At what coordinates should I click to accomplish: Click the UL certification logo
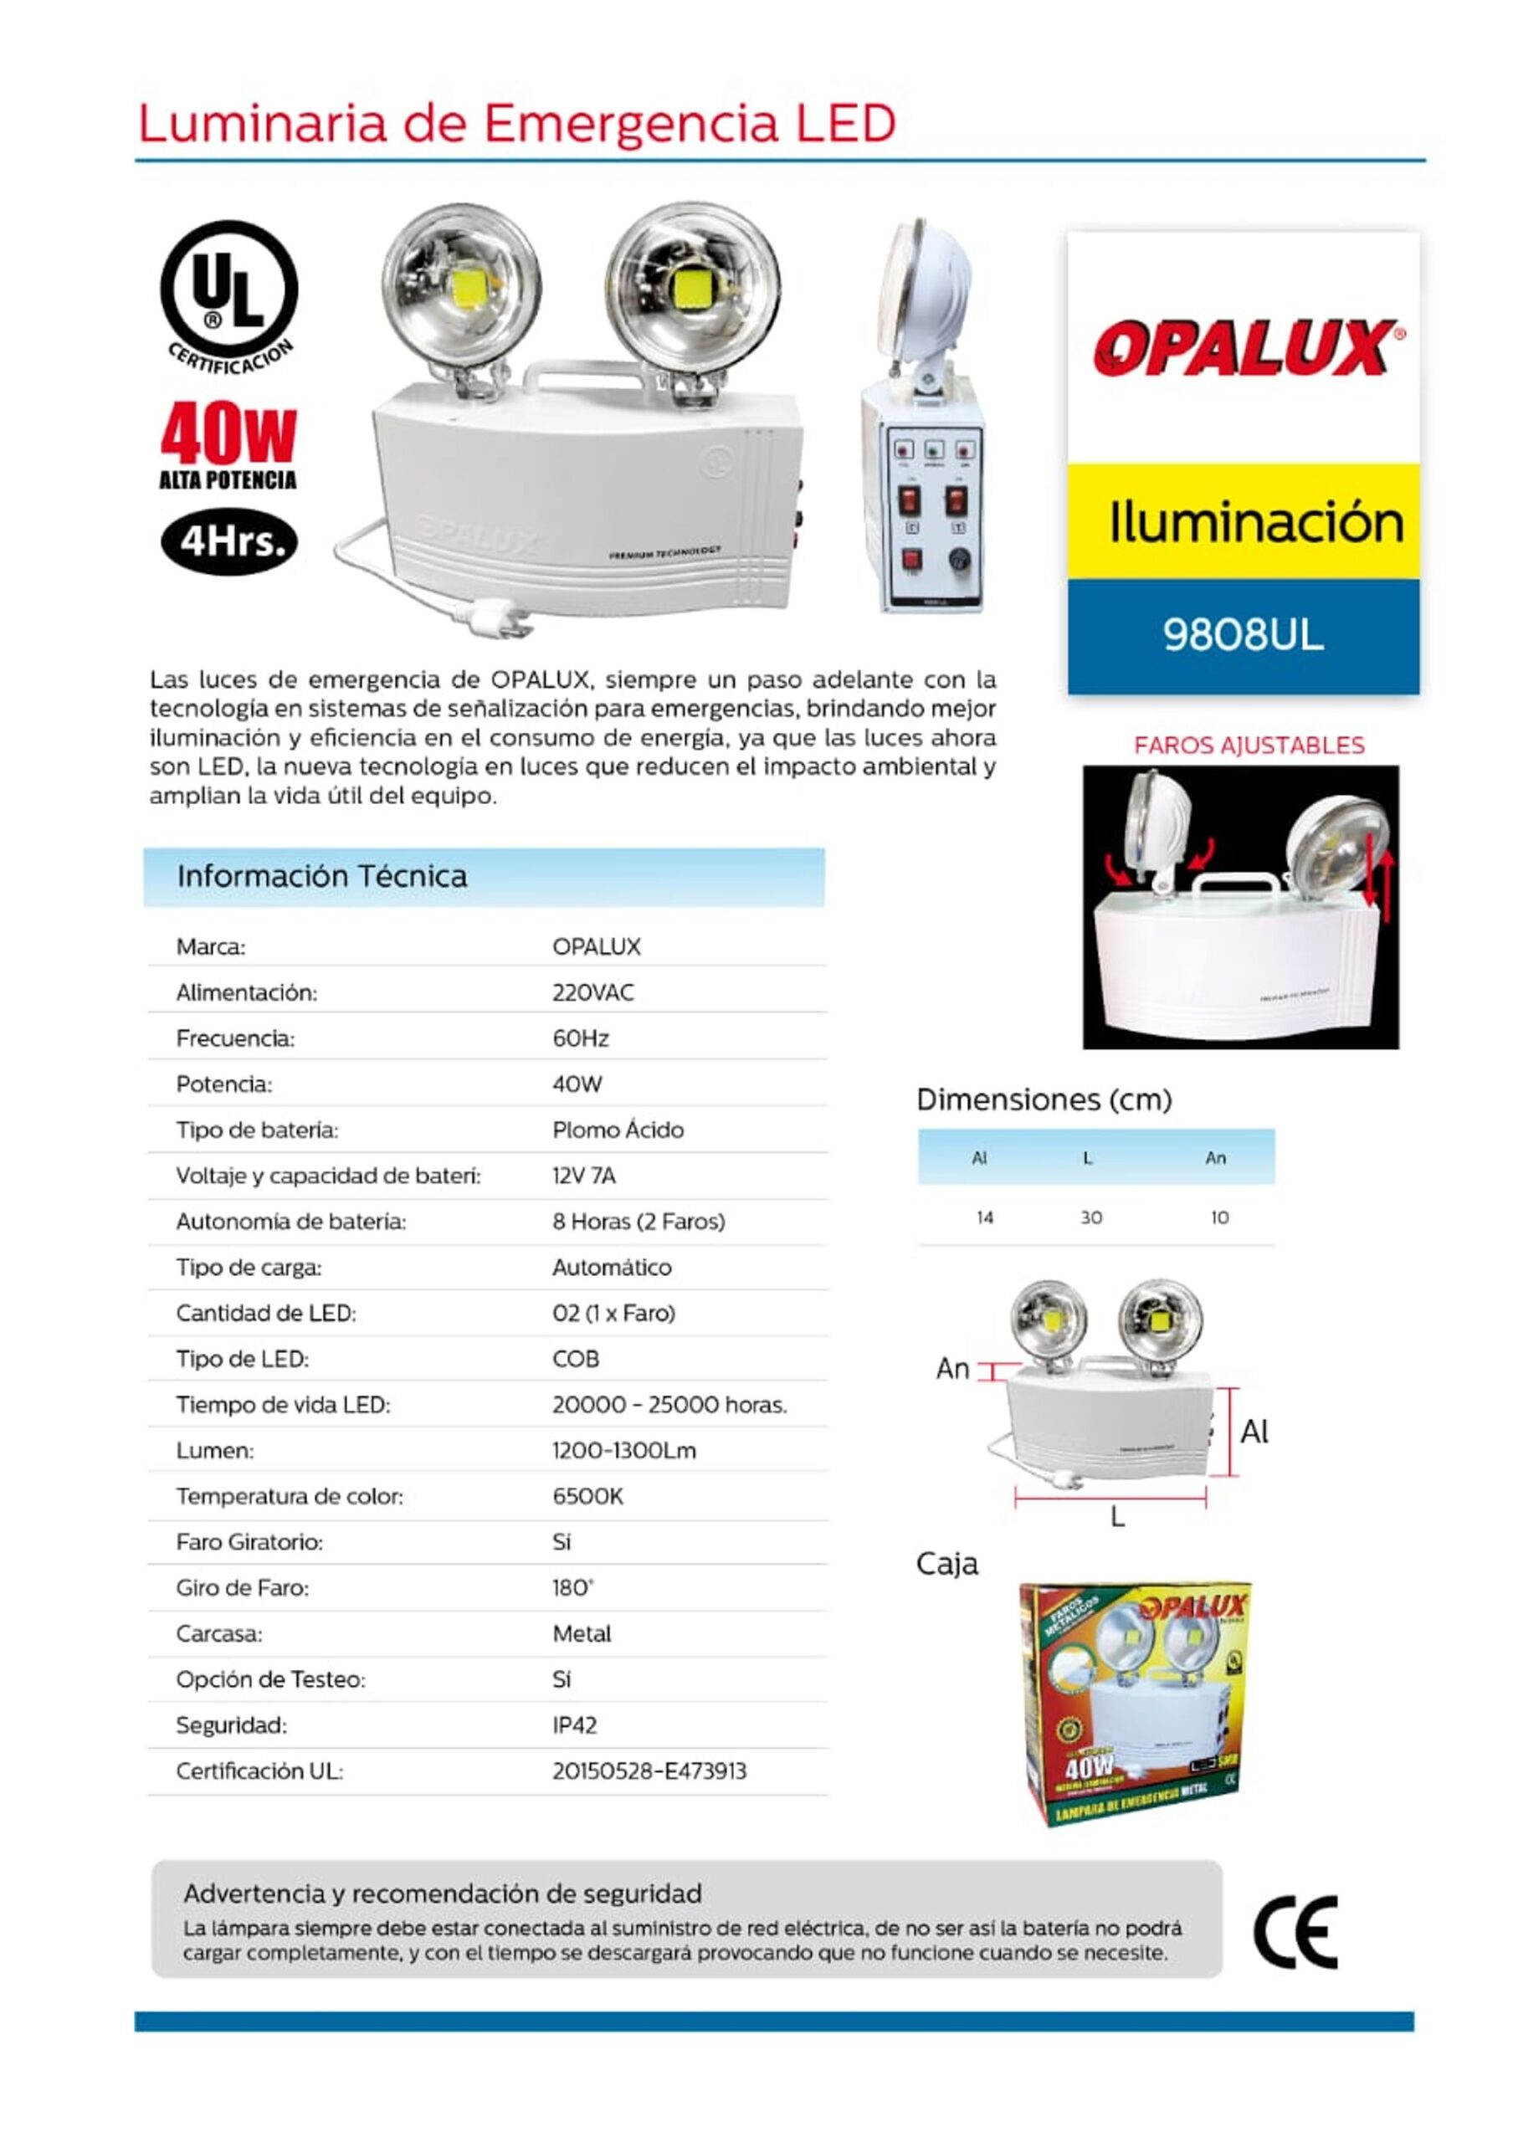228,292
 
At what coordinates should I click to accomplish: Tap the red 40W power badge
228,436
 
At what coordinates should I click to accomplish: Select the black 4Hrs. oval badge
228,541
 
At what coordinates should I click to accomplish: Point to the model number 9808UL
1243,635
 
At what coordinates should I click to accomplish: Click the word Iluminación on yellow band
1255,522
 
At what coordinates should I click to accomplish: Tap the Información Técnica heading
322,876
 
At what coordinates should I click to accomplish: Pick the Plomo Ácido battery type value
618,1130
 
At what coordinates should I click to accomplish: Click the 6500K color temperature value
587,1496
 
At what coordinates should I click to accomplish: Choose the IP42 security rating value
574,1725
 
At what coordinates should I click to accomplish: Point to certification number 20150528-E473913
649,1770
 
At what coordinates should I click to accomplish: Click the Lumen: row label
214,1451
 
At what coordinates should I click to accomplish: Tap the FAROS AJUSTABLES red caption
1248,746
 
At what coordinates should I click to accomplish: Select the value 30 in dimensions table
1090,1217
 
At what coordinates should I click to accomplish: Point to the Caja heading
946,1565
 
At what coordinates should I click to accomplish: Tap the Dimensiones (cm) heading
1044,1100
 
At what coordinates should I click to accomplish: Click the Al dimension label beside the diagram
1254,1432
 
